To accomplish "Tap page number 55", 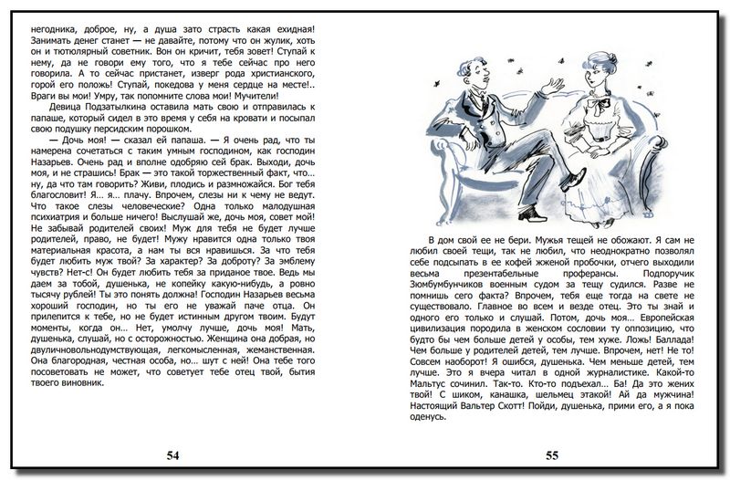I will pyautogui.click(x=552, y=454).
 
